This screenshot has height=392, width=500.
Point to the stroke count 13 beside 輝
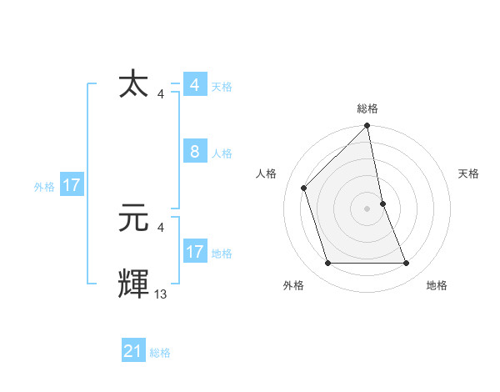click(161, 294)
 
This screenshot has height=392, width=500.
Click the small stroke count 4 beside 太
click(161, 94)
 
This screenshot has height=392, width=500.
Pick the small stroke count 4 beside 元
click(161, 227)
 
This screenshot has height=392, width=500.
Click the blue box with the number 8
click(194, 152)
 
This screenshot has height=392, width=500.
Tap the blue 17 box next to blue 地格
click(194, 251)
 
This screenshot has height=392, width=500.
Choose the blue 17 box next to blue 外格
click(72, 185)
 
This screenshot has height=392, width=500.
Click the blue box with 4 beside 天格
click(194, 85)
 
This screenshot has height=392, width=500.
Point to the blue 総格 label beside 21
click(160, 353)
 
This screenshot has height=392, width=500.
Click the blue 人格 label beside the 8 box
click(222, 153)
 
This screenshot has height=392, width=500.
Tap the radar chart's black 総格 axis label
click(367, 108)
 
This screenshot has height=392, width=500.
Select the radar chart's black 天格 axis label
click(468, 173)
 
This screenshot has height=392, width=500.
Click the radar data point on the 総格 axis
click(367, 127)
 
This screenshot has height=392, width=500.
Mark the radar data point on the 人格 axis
click(304, 188)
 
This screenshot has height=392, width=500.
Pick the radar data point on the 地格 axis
click(407, 264)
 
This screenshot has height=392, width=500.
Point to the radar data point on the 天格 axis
click(383, 203)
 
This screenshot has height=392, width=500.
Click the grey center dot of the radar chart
click(367, 209)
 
